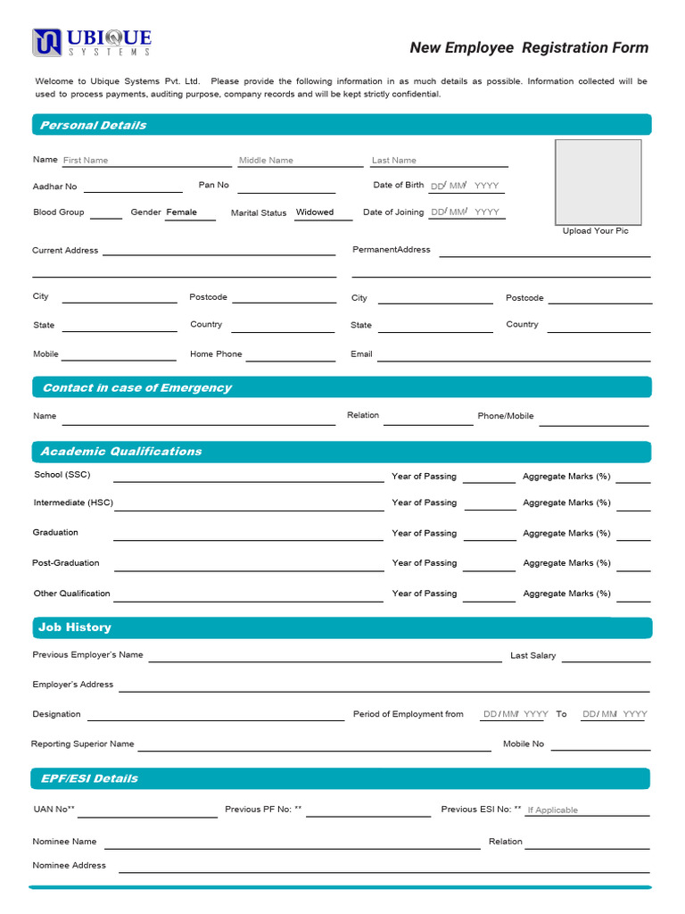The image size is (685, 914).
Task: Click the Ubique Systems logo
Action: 92,42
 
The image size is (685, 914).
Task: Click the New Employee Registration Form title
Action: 529,48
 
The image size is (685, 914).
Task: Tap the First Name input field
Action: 146,161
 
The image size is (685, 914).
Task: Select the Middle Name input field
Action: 300,161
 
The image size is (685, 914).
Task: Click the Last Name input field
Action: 439,161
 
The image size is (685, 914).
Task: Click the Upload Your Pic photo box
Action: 598,182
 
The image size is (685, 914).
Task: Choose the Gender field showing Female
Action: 190,212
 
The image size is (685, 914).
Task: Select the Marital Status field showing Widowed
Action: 323,212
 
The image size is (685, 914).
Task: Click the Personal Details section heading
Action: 94,125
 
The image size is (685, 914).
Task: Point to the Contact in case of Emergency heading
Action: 136,387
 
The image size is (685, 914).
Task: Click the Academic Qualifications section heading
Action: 121,452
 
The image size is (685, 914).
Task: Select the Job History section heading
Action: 75,627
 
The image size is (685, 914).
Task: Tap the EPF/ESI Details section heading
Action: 89,778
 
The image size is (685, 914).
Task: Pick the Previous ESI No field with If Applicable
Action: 587,810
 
